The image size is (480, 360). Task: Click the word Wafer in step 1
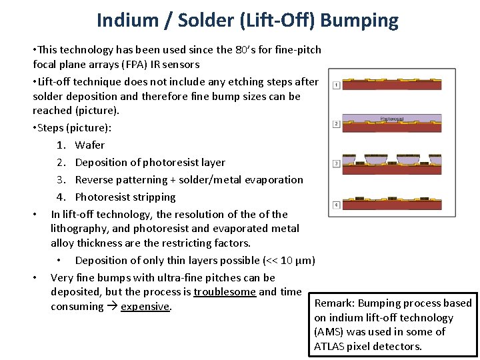(90, 145)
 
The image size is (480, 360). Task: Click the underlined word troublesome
(225, 291)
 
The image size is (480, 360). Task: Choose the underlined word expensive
(145, 307)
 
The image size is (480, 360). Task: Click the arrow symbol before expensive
(113, 307)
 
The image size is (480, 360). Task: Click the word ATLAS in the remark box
(331, 346)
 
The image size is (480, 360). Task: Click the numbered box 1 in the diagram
(337, 85)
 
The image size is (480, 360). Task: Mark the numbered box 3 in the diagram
(337, 163)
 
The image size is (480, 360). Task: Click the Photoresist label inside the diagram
(392, 119)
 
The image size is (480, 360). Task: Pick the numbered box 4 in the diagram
(337, 204)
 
